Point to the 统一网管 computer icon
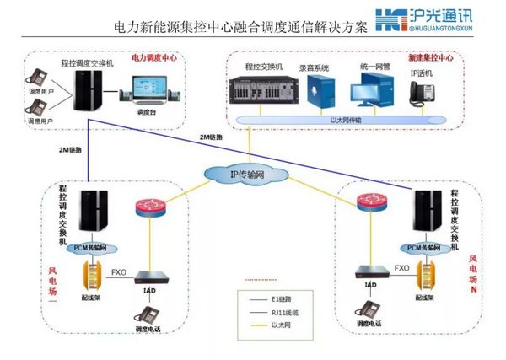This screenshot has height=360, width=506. [369, 89]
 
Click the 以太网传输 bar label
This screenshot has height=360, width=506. [350, 120]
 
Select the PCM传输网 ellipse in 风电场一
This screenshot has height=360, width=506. [91, 247]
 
